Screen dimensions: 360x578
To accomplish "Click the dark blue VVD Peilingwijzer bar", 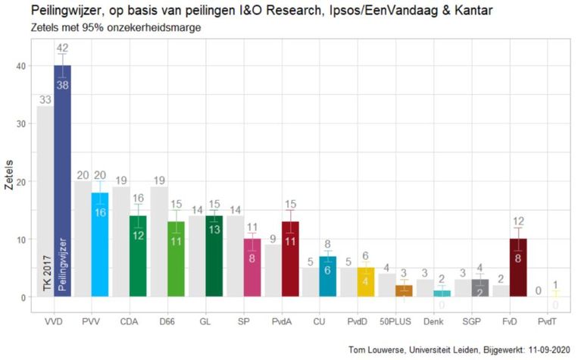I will tap(62, 189).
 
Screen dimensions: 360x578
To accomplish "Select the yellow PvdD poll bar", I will tap(365, 282).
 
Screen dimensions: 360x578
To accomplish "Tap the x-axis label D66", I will tap(167, 321).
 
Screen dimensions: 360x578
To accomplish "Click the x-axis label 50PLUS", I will tap(394, 321).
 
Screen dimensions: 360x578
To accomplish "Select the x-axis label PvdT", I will tap(545, 321).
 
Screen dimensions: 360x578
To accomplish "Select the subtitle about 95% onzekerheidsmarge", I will tap(110, 28).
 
